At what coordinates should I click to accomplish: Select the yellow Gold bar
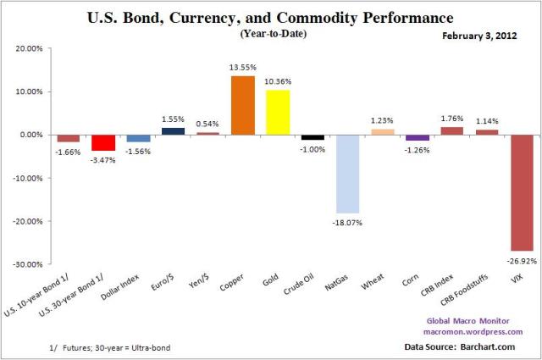point(278,112)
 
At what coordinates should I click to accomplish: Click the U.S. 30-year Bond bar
point(103,142)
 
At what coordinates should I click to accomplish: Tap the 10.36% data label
point(278,82)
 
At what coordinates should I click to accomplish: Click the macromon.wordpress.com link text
point(478,332)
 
